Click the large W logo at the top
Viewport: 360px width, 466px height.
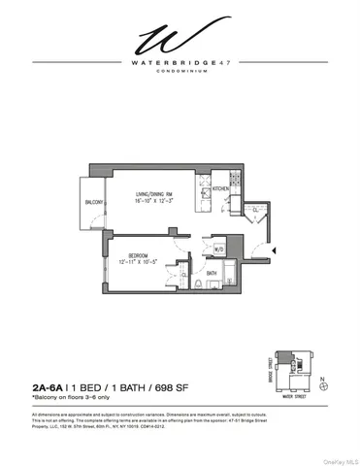(180, 40)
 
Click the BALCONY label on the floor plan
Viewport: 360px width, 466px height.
(94, 201)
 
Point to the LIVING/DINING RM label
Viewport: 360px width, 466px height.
(155, 194)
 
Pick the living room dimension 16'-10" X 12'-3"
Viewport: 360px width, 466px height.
(155, 202)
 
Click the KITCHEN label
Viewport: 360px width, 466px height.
(220, 187)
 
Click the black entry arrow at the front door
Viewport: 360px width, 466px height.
(277, 250)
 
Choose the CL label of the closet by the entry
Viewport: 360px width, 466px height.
(254, 209)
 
